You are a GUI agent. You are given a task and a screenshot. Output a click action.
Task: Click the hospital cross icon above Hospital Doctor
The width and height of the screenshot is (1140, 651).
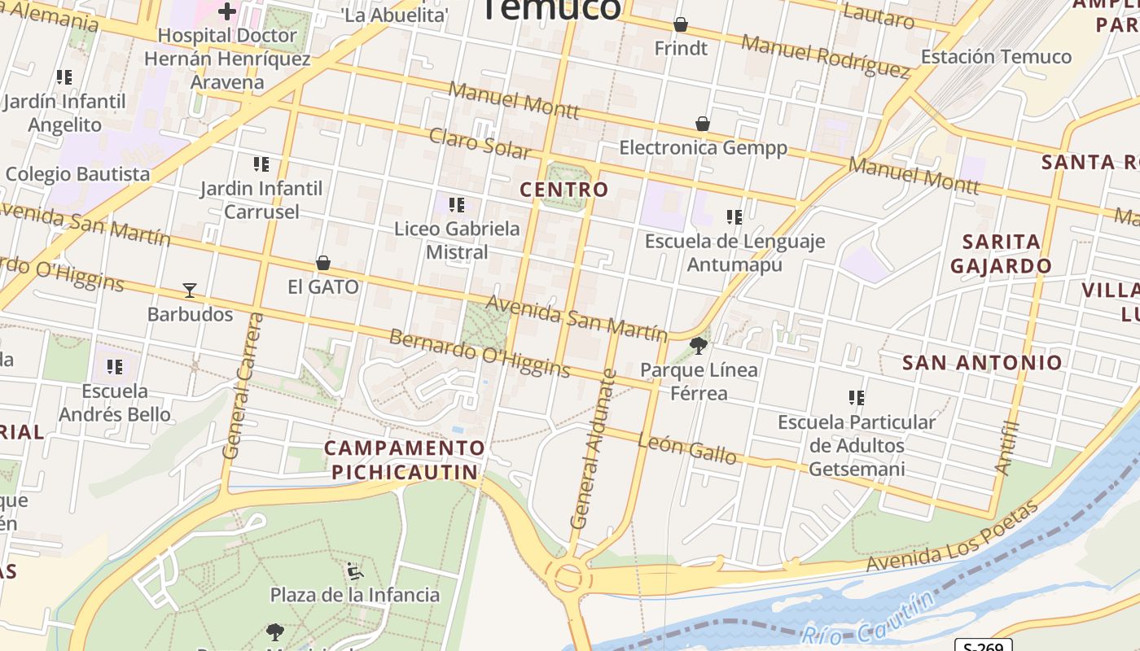point(226,11)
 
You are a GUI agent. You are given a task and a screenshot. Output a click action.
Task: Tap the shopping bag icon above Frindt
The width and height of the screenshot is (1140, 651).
point(681,25)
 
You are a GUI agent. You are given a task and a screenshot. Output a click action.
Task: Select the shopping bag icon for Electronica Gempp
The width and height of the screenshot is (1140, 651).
point(703,124)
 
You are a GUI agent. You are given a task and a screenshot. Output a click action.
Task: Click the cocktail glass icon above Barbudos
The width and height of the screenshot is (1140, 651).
point(190,290)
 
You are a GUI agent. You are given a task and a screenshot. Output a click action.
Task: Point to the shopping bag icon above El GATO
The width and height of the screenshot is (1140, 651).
point(323,263)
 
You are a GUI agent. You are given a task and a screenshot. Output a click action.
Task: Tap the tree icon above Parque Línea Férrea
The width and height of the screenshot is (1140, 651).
point(698,346)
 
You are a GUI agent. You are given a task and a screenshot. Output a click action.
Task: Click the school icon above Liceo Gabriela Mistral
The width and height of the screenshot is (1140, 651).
point(457,205)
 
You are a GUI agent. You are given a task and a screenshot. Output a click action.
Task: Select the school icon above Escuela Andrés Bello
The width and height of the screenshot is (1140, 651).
point(115,367)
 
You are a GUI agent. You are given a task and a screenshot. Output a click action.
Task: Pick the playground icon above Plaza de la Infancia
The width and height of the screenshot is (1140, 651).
point(354,571)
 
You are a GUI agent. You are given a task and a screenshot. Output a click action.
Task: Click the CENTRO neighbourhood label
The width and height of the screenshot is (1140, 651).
point(564,190)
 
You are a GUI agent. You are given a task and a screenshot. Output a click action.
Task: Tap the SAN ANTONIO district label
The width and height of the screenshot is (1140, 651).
point(982,362)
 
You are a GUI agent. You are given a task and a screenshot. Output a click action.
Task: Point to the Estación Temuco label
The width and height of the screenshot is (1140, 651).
point(996,56)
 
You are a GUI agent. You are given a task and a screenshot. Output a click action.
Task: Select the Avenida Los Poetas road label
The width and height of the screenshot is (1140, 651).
point(953,536)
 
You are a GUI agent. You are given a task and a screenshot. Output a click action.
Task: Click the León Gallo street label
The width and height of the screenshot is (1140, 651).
point(687,448)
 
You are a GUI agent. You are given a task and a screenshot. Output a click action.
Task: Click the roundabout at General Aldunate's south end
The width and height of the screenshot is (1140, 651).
point(568,576)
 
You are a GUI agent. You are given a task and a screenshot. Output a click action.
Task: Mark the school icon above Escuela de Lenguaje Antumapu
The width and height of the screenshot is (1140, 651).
point(734,217)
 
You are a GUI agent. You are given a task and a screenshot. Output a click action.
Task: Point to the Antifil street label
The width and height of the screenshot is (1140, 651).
point(1008,447)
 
